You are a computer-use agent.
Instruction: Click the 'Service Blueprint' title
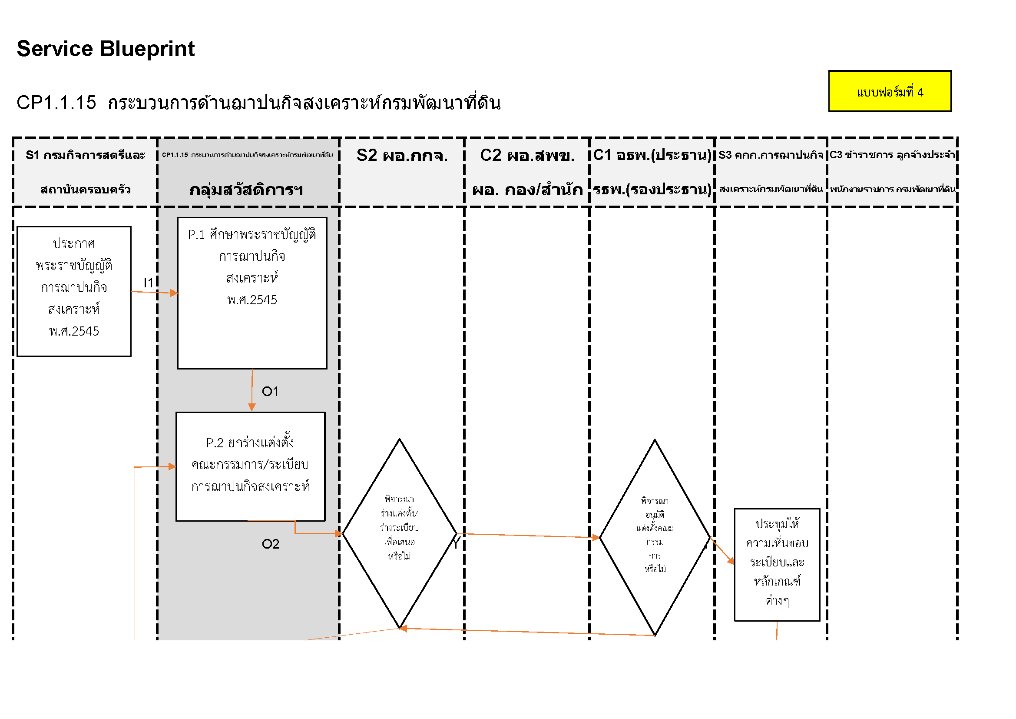[105, 49]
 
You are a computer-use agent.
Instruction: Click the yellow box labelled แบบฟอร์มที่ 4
[890, 91]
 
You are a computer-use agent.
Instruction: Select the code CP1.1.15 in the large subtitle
[56, 103]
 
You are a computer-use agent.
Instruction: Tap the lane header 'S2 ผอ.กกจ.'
[402, 155]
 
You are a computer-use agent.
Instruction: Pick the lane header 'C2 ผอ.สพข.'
[527, 155]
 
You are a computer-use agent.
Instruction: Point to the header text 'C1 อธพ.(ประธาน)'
[652, 155]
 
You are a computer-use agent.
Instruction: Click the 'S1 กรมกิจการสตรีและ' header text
[86, 155]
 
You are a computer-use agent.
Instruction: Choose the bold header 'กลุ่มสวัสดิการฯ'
[246, 190]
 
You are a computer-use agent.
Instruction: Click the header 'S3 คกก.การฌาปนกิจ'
[771, 155]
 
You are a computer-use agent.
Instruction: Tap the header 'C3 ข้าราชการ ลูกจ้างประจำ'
[892, 155]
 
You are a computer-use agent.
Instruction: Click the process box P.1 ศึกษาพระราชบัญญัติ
[252, 293]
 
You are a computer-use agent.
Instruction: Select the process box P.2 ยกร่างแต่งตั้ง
[251, 466]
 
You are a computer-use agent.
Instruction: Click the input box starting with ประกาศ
[74, 291]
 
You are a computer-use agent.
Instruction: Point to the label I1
[148, 283]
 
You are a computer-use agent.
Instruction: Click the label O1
[270, 391]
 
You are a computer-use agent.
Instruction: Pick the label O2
[270, 544]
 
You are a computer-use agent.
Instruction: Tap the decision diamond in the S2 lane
[399, 533]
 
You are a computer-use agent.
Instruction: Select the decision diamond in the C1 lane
[655, 537]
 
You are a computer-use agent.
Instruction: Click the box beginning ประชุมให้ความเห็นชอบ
[777, 565]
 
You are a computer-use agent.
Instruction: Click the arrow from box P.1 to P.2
[252, 389]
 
